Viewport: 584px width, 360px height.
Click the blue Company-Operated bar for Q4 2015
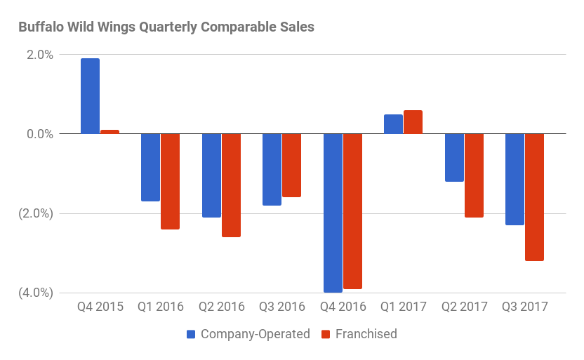tap(90, 96)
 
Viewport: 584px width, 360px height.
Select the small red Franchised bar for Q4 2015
tap(109, 131)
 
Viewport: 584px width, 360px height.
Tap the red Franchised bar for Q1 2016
tap(170, 181)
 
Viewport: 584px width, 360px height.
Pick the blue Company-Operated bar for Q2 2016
tap(211, 175)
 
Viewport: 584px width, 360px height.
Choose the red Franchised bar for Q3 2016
tap(291, 165)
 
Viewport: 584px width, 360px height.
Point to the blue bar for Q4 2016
tap(333, 213)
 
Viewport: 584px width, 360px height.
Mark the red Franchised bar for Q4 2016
tap(352, 211)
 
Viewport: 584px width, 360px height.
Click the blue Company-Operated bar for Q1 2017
tap(393, 124)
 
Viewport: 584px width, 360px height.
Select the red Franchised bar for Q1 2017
tap(413, 122)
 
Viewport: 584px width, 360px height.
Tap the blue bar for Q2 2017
tap(454, 157)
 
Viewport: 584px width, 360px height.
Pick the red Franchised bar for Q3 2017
tap(534, 197)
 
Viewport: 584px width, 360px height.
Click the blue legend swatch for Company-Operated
tap(191, 334)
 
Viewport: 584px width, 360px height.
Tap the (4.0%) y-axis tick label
tap(35, 293)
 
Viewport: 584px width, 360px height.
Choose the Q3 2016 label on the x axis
tap(282, 307)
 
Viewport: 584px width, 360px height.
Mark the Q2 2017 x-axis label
tap(464, 307)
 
